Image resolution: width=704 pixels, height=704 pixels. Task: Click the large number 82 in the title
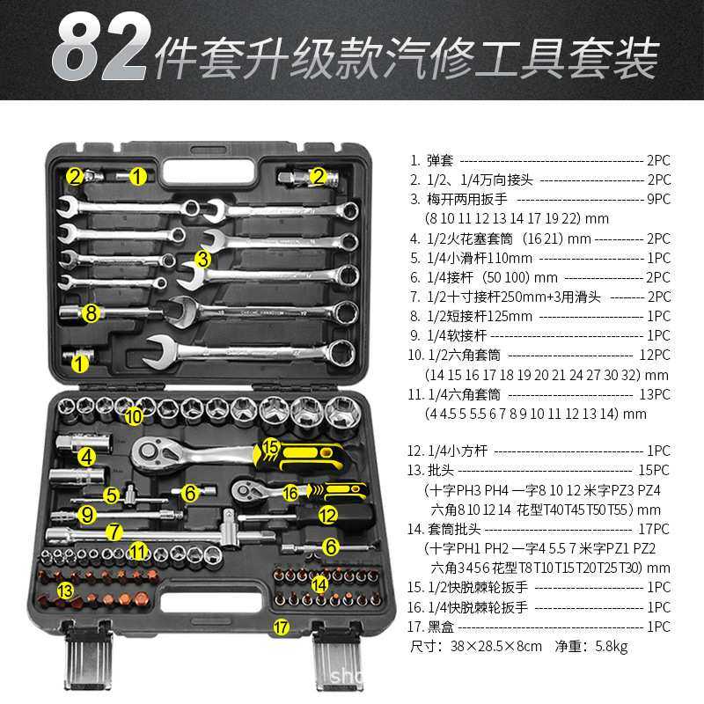pos(99,51)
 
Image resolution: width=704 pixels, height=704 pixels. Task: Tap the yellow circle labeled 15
pos(270,448)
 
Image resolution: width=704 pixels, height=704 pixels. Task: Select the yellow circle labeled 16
pos(291,493)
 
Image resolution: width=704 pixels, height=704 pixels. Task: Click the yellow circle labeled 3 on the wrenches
pos(203,259)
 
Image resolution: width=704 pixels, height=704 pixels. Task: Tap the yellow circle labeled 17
pos(281,627)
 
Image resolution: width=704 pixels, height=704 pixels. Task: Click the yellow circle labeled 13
pos(64,589)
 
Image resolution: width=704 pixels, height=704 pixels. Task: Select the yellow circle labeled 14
pos(320,582)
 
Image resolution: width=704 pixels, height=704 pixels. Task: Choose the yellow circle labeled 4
pos(85,456)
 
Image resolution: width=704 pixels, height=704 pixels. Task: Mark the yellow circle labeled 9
pos(86,513)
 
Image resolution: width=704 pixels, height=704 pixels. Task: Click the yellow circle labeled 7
pos(113,532)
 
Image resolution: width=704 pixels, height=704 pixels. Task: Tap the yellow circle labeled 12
pos(327,513)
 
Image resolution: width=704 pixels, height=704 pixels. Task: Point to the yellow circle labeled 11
pos(137,552)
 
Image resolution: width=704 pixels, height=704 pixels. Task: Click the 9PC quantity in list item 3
pos(657,199)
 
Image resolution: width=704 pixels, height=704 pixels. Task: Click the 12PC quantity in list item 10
pos(655,355)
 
